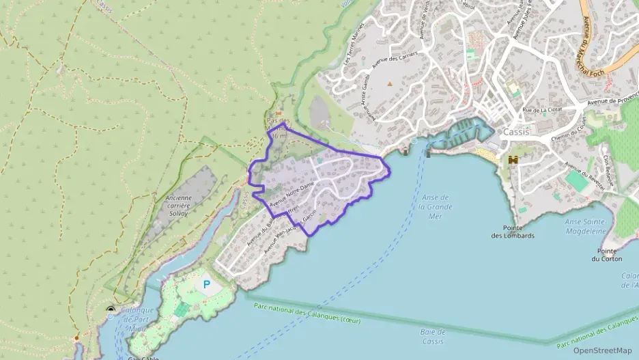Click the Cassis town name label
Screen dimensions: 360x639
[x=516, y=132]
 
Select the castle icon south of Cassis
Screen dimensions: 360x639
[x=513, y=160]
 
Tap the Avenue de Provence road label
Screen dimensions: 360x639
[x=610, y=100]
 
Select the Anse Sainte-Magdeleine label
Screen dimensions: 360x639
[x=585, y=226]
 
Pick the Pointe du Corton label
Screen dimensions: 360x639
[x=606, y=255]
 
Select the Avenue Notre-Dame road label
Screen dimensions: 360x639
[x=292, y=194]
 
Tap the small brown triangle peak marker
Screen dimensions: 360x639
[x=390, y=83]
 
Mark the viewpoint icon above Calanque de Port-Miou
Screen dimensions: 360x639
[x=111, y=310]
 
